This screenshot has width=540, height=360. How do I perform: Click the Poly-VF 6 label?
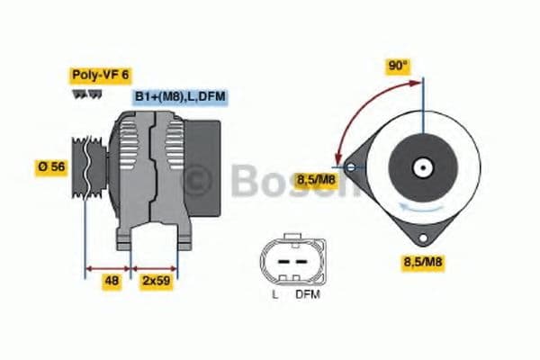pyautogui.click(x=100, y=76)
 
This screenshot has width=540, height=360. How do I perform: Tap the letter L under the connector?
pyautogui.click(x=274, y=294)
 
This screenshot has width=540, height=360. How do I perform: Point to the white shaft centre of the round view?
pyautogui.click(x=421, y=166)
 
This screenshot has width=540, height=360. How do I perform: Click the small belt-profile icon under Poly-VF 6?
pyautogui.click(x=82, y=94)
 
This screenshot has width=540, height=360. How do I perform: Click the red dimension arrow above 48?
pyautogui.click(x=108, y=267)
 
